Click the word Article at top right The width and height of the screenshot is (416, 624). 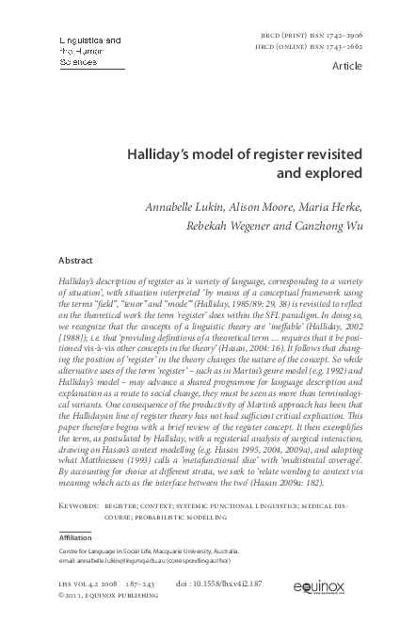pos(362,68)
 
